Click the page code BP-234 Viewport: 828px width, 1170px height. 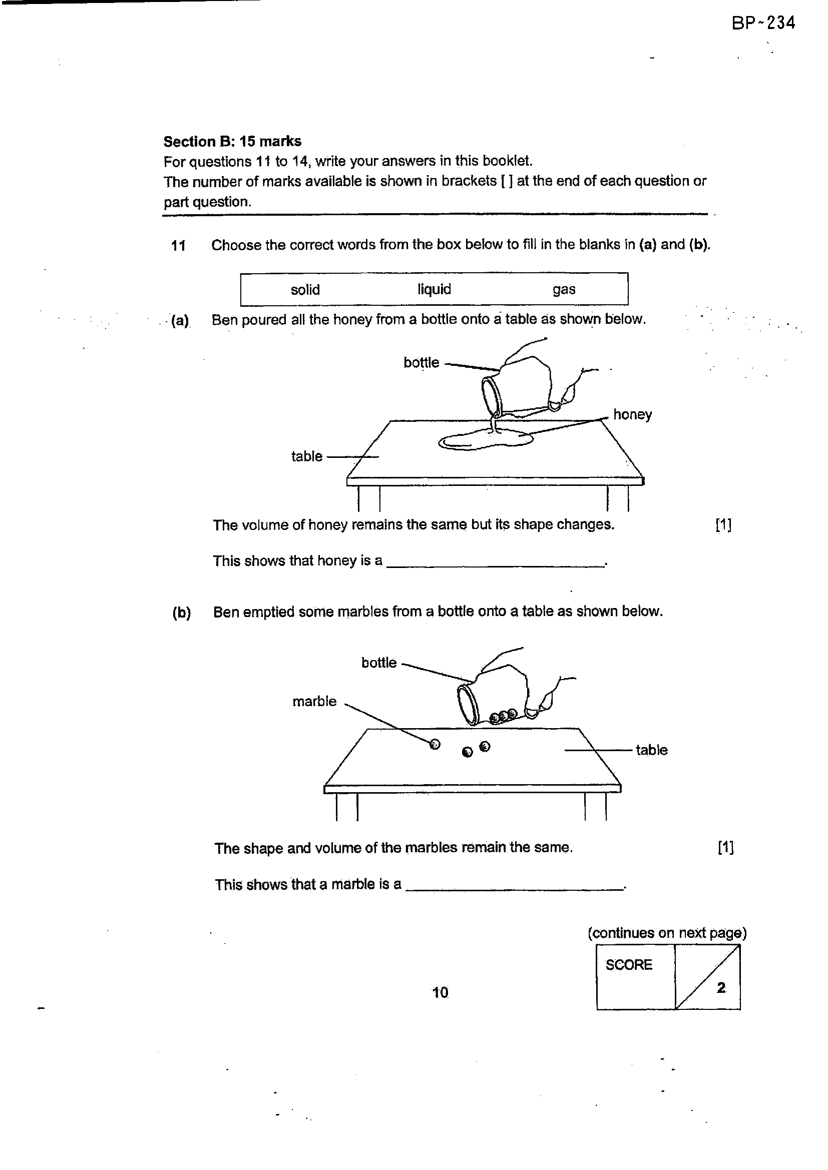coord(763,24)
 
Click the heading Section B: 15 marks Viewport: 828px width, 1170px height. coord(232,141)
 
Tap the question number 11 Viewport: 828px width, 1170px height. coord(178,246)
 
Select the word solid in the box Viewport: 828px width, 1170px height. coord(305,289)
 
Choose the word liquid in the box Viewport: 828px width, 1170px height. coord(435,289)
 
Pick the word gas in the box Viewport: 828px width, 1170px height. coord(564,290)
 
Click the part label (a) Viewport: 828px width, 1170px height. coord(180,321)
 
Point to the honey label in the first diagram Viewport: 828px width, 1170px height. coord(632,415)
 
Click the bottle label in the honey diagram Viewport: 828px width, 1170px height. coord(421,362)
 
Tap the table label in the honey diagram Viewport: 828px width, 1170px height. coord(307,456)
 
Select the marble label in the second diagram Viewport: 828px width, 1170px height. coord(314,702)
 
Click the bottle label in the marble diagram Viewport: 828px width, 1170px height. coord(379,663)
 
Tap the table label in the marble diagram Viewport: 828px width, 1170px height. coord(652,750)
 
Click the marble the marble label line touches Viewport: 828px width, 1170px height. coord(435,745)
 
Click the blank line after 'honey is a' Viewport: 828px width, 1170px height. coord(495,565)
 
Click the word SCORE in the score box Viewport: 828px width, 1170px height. coord(629,965)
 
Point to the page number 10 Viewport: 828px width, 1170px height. coord(440,992)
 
